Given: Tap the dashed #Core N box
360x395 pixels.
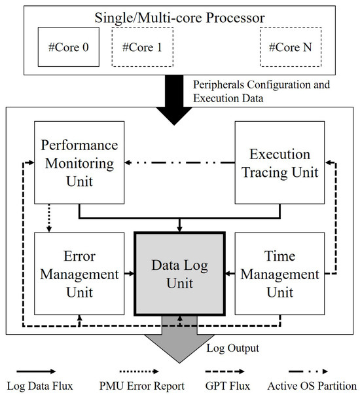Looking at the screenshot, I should coord(291,47).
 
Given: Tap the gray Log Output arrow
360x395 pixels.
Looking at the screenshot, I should coord(179,341).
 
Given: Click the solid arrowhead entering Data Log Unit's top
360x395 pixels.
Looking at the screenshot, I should coord(180,227).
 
